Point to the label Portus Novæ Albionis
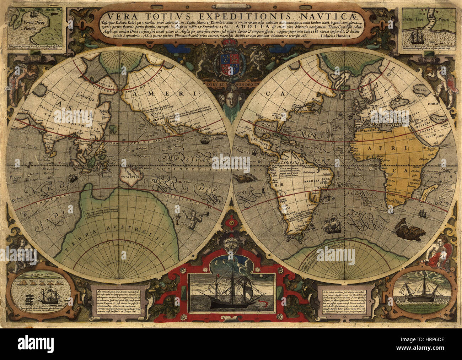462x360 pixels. [28, 26]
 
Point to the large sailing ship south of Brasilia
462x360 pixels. [332, 224]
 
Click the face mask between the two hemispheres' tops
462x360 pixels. [230, 101]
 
